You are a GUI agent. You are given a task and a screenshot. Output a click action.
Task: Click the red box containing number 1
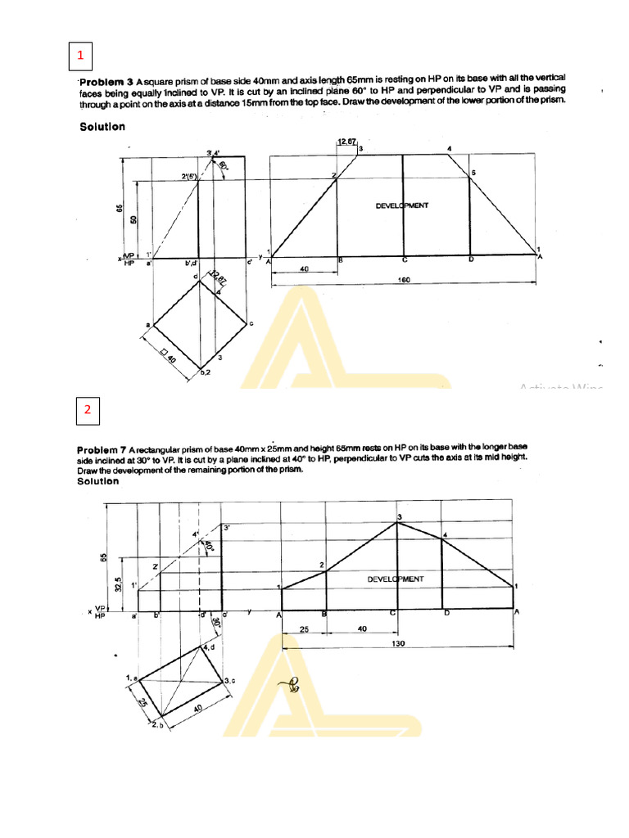[80, 56]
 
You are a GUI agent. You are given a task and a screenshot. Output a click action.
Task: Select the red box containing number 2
[87, 411]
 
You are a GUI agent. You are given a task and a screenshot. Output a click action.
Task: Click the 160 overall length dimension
[404, 279]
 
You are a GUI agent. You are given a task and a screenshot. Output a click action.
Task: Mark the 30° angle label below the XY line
[215, 622]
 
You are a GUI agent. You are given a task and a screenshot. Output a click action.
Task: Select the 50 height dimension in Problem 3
[134, 221]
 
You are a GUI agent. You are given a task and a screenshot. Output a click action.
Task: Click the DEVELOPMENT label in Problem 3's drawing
[402, 206]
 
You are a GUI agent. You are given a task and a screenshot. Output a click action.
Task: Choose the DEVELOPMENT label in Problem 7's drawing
[396, 579]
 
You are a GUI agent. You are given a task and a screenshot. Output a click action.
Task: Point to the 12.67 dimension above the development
[346, 142]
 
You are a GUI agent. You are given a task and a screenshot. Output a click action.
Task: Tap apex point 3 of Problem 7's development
[399, 517]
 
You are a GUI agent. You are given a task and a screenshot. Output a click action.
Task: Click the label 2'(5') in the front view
[189, 176]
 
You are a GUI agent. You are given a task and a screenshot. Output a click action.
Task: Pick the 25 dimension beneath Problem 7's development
[305, 628]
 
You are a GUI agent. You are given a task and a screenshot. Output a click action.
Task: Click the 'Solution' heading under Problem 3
[102, 127]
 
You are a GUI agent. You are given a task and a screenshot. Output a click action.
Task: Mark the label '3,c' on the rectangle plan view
[230, 681]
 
